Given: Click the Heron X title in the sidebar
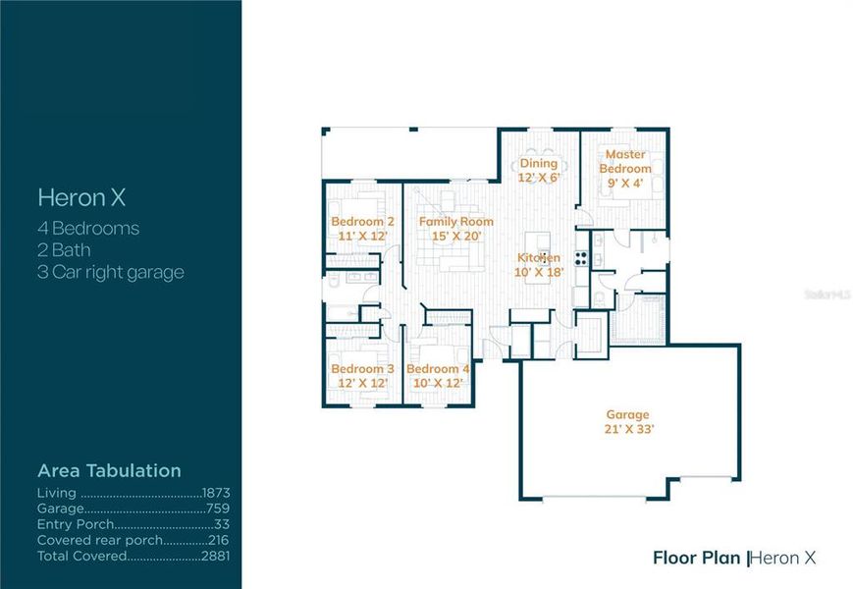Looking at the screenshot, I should (x=81, y=197).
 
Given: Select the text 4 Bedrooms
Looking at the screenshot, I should (x=88, y=229).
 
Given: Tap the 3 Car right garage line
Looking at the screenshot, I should (x=110, y=272).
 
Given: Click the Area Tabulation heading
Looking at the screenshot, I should (x=109, y=470).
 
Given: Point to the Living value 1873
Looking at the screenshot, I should (x=215, y=493).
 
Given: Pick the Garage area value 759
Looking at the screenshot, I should (x=218, y=509).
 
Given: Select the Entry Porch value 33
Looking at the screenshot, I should (x=222, y=524).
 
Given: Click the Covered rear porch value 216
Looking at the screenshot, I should (x=218, y=540).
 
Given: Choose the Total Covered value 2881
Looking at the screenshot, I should (x=215, y=556).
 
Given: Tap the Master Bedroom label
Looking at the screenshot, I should (x=625, y=161).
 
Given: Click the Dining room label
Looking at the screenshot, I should (x=538, y=163).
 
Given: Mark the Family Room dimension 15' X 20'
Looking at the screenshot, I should (x=456, y=236).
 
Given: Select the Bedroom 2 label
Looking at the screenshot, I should (x=362, y=222).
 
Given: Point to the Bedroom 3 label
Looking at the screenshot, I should (x=362, y=369).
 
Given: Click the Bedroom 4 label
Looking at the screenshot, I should (x=438, y=369).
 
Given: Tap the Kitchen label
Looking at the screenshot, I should (x=540, y=258).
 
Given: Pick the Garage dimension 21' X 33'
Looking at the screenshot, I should (x=628, y=429).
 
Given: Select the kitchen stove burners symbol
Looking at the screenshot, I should (x=581, y=258).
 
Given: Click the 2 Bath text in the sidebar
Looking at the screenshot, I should (x=64, y=250).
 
